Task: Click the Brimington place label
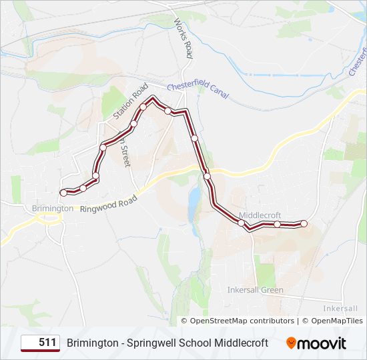coord(53,209)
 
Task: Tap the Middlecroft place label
coord(260,215)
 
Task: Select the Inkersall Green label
coord(255,290)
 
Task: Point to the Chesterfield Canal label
coord(198,89)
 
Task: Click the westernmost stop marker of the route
coord(63,193)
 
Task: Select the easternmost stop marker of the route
coord(304,223)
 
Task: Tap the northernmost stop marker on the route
coord(143,107)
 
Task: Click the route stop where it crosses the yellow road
coord(208,176)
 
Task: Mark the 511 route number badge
coord(40,343)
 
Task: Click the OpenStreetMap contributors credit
coord(242,321)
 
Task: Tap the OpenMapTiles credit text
coord(333,321)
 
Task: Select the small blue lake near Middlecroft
coord(194,198)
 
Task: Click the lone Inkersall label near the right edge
coord(340,309)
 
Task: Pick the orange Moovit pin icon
coord(291,343)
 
